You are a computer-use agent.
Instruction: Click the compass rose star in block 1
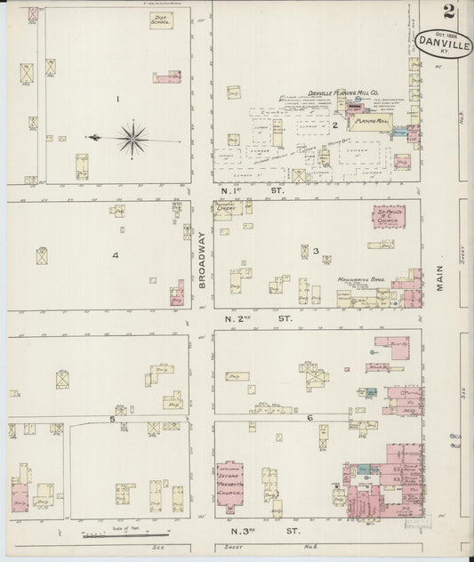pyautogui.click(x=132, y=137)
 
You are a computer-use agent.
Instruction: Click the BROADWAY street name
pyautogui.click(x=202, y=258)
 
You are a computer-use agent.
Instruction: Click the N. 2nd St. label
pyautogui.click(x=260, y=317)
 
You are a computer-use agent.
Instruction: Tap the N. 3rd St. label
pyautogui.click(x=259, y=531)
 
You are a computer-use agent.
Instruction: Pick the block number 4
pyautogui.click(x=115, y=255)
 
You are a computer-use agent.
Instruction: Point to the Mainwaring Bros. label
pyautogui.click(x=358, y=280)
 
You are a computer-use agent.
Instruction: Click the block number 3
pyautogui.click(x=315, y=252)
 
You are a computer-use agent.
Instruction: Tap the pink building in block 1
pyautogui.click(x=166, y=77)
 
